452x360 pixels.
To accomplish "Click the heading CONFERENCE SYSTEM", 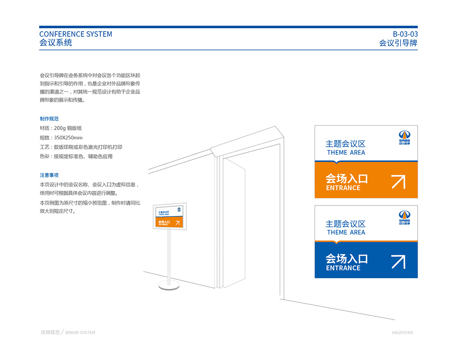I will click(x=76, y=34).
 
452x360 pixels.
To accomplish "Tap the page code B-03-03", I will click(x=405, y=34).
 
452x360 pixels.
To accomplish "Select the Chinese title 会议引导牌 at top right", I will click(x=398, y=43).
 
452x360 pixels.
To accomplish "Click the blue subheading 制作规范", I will click(x=49, y=119).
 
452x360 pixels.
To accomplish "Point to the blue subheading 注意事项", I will click(x=49, y=175).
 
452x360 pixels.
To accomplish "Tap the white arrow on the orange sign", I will click(x=398, y=182).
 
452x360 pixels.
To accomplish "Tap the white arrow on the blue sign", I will click(x=398, y=262).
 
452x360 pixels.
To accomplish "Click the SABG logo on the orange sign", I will click(x=405, y=137).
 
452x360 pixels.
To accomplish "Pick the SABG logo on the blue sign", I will click(x=405, y=217).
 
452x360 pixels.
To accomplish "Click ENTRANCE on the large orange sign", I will click(x=343, y=188).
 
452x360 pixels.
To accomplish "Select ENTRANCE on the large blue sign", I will click(x=343, y=268).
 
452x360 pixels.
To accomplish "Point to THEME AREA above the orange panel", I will click(x=346, y=153).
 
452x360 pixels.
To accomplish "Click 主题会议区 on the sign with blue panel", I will click(x=345, y=224).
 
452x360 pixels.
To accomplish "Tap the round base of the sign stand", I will click(x=169, y=286).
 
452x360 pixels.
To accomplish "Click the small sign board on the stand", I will click(x=169, y=217).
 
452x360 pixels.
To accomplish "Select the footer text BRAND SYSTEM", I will click(x=80, y=333).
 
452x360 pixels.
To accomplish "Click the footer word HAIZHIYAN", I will click(x=402, y=333).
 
